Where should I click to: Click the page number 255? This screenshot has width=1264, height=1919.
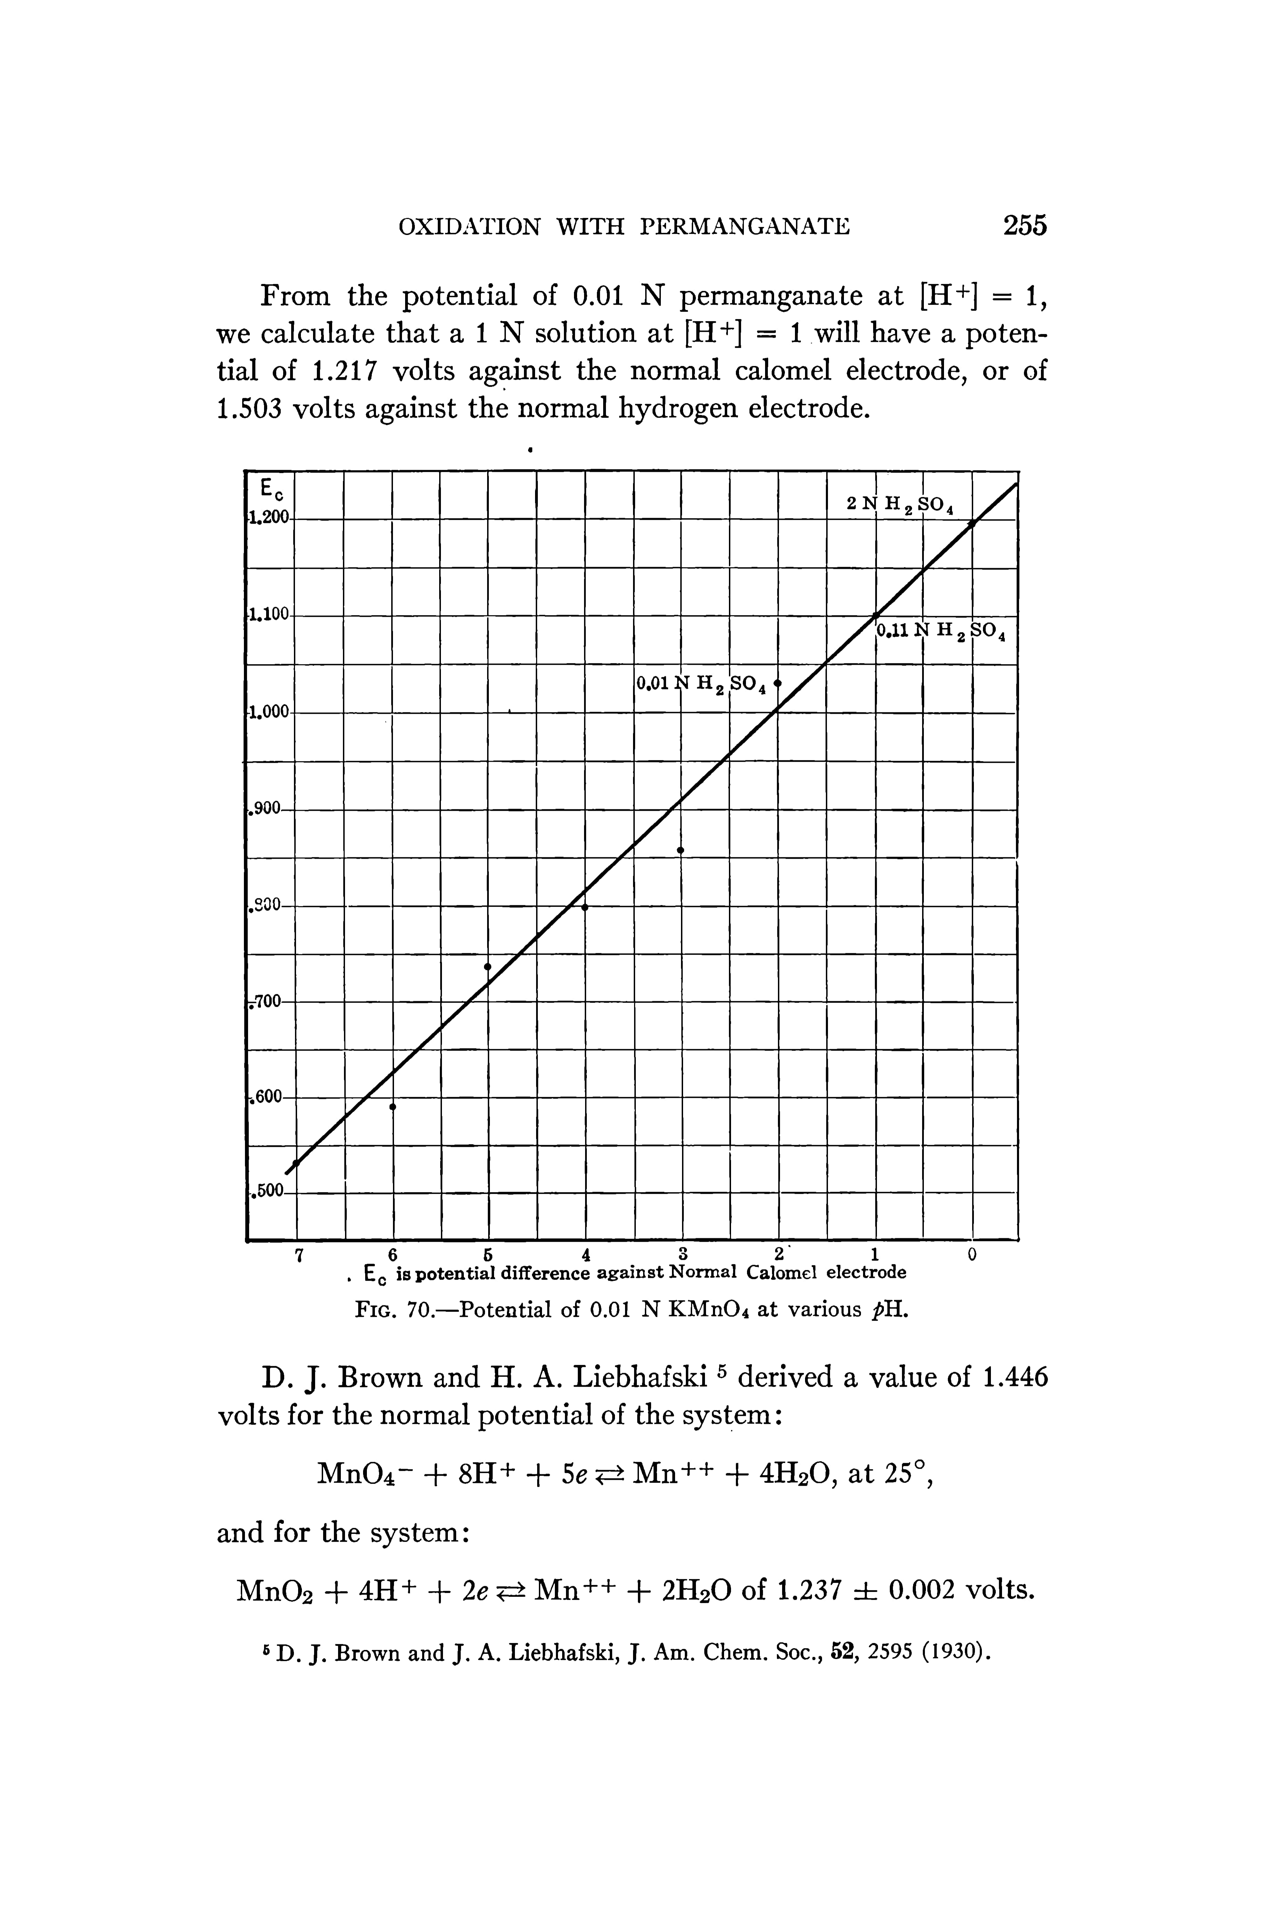(x=1025, y=225)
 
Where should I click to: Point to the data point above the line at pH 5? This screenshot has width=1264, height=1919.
(x=488, y=966)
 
